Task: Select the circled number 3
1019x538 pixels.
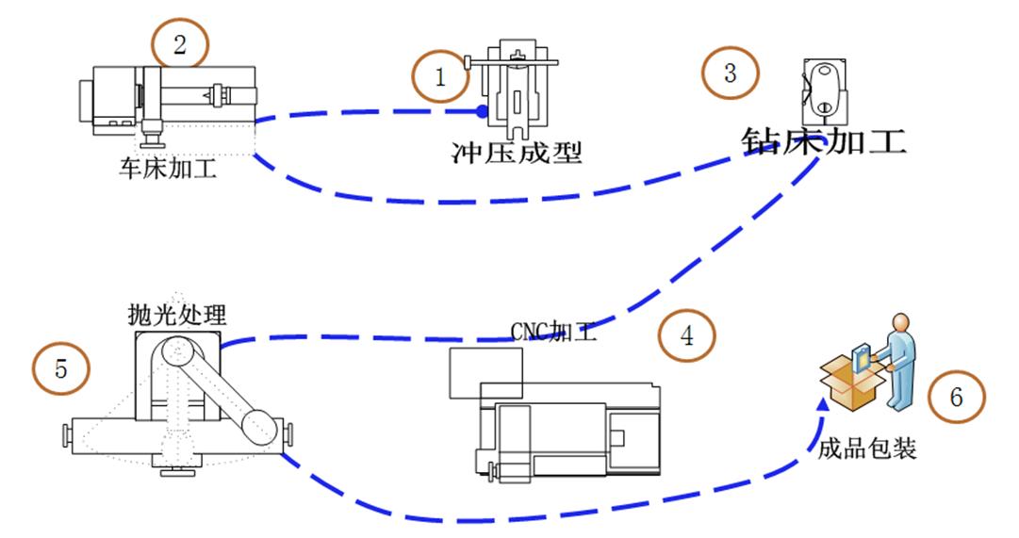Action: click(x=730, y=73)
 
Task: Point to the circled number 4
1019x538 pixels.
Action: click(x=687, y=335)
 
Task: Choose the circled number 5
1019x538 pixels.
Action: click(x=61, y=368)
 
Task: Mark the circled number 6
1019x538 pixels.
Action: click(x=956, y=399)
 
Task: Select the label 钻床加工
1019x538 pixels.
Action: click(x=821, y=143)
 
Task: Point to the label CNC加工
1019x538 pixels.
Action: click(x=553, y=331)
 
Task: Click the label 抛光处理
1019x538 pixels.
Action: click(x=178, y=313)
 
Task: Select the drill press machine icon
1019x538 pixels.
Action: click(x=822, y=88)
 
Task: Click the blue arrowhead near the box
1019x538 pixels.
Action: click(x=823, y=403)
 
